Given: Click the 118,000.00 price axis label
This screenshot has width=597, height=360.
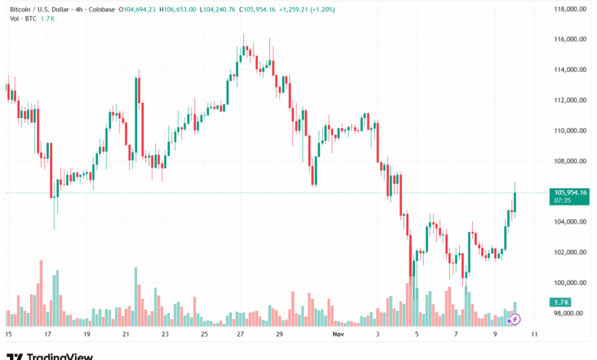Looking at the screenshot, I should click(570, 9).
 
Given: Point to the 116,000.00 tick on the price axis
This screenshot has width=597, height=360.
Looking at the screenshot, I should click(570, 39).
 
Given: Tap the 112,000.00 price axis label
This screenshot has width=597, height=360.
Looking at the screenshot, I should click(570, 100).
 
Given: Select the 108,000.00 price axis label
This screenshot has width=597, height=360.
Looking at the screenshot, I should click(570, 161).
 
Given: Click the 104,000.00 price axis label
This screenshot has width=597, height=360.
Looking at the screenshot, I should click(570, 222).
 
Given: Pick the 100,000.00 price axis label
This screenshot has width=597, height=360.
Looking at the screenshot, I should click(570, 283).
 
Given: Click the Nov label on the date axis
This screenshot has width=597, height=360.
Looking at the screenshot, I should click(338, 335).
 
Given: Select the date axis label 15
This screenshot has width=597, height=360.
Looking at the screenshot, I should click(8, 335).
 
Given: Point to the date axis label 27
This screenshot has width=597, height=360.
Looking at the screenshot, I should click(240, 335).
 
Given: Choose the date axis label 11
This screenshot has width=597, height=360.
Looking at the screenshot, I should click(533, 335).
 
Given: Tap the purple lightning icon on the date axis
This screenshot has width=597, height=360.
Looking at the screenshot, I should click(515, 319).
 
